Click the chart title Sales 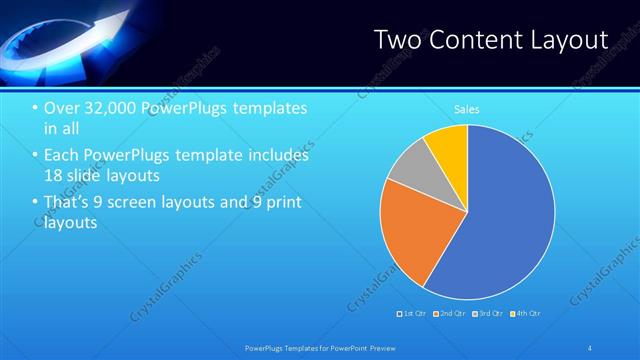(x=466, y=109)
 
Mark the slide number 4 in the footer (x=591, y=347)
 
